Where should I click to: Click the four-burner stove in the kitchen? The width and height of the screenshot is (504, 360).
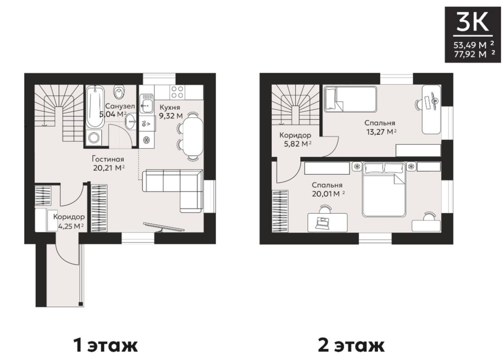[178, 92]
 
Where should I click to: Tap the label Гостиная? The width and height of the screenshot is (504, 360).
[108, 159]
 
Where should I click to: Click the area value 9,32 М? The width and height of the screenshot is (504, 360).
[171, 116]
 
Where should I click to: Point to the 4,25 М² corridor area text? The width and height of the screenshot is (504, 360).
[71, 226]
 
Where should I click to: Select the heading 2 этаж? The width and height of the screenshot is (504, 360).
[351, 345]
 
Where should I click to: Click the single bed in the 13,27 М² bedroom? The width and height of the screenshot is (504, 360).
[350, 99]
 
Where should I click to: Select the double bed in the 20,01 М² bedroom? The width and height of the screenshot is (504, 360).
[384, 190]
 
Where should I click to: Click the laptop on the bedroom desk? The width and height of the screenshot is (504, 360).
[323, 223]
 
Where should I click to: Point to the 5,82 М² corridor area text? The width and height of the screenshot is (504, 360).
[296, 143]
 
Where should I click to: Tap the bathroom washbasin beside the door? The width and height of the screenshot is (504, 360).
[130, 122]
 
